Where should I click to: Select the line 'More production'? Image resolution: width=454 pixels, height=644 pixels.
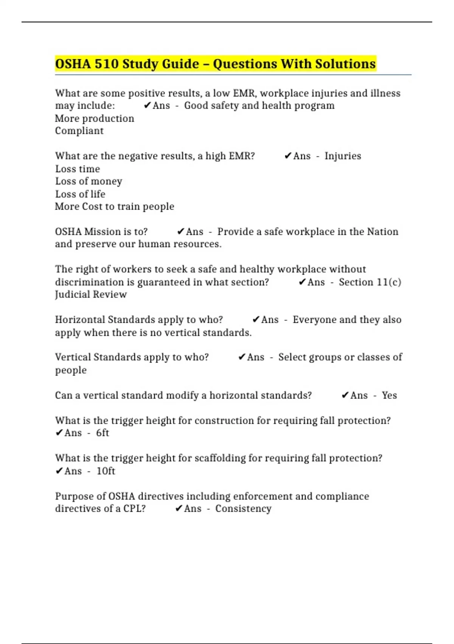tap(95, 119)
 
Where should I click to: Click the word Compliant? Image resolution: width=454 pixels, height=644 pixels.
tap(79, 131)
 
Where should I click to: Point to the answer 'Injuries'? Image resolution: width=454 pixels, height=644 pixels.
tap(343, 156)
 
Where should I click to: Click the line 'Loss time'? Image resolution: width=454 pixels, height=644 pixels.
tap(78, 169)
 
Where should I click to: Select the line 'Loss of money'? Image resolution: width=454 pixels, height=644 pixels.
tap(89, 181)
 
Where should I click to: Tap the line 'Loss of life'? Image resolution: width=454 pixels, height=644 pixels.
tap(80, 194)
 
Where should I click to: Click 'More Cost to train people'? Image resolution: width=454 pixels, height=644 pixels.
tap(115, 207)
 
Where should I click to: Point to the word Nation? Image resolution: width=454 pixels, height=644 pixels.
tap(384, 232)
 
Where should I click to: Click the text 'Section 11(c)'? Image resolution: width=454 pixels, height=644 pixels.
tap(370, 282)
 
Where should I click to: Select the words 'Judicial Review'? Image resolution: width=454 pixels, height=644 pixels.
tap(91, 295)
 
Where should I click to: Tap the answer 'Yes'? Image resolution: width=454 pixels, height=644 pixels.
tap(389, 395)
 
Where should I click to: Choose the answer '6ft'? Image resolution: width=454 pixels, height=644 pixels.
tap(103, 433)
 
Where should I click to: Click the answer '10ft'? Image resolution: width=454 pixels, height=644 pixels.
tap(106, 471)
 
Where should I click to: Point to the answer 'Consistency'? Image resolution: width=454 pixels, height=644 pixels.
tap(243, 509)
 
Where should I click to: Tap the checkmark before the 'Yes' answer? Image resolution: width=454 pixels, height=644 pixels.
tap(345, 395)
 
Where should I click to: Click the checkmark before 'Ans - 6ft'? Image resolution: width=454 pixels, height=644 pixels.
tap(59, 433)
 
